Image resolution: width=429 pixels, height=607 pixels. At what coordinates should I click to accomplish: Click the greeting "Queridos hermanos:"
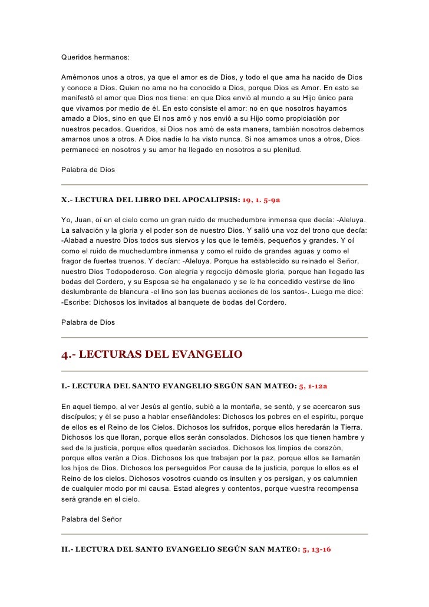95,58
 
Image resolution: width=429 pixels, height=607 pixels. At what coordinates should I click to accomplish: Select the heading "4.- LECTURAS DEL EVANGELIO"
151,355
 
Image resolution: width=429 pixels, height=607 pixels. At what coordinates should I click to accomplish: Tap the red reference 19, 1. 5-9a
265,200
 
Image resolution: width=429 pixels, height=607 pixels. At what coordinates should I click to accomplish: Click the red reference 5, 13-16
316,549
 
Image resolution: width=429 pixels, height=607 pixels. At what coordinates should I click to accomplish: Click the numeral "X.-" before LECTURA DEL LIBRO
67,200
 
